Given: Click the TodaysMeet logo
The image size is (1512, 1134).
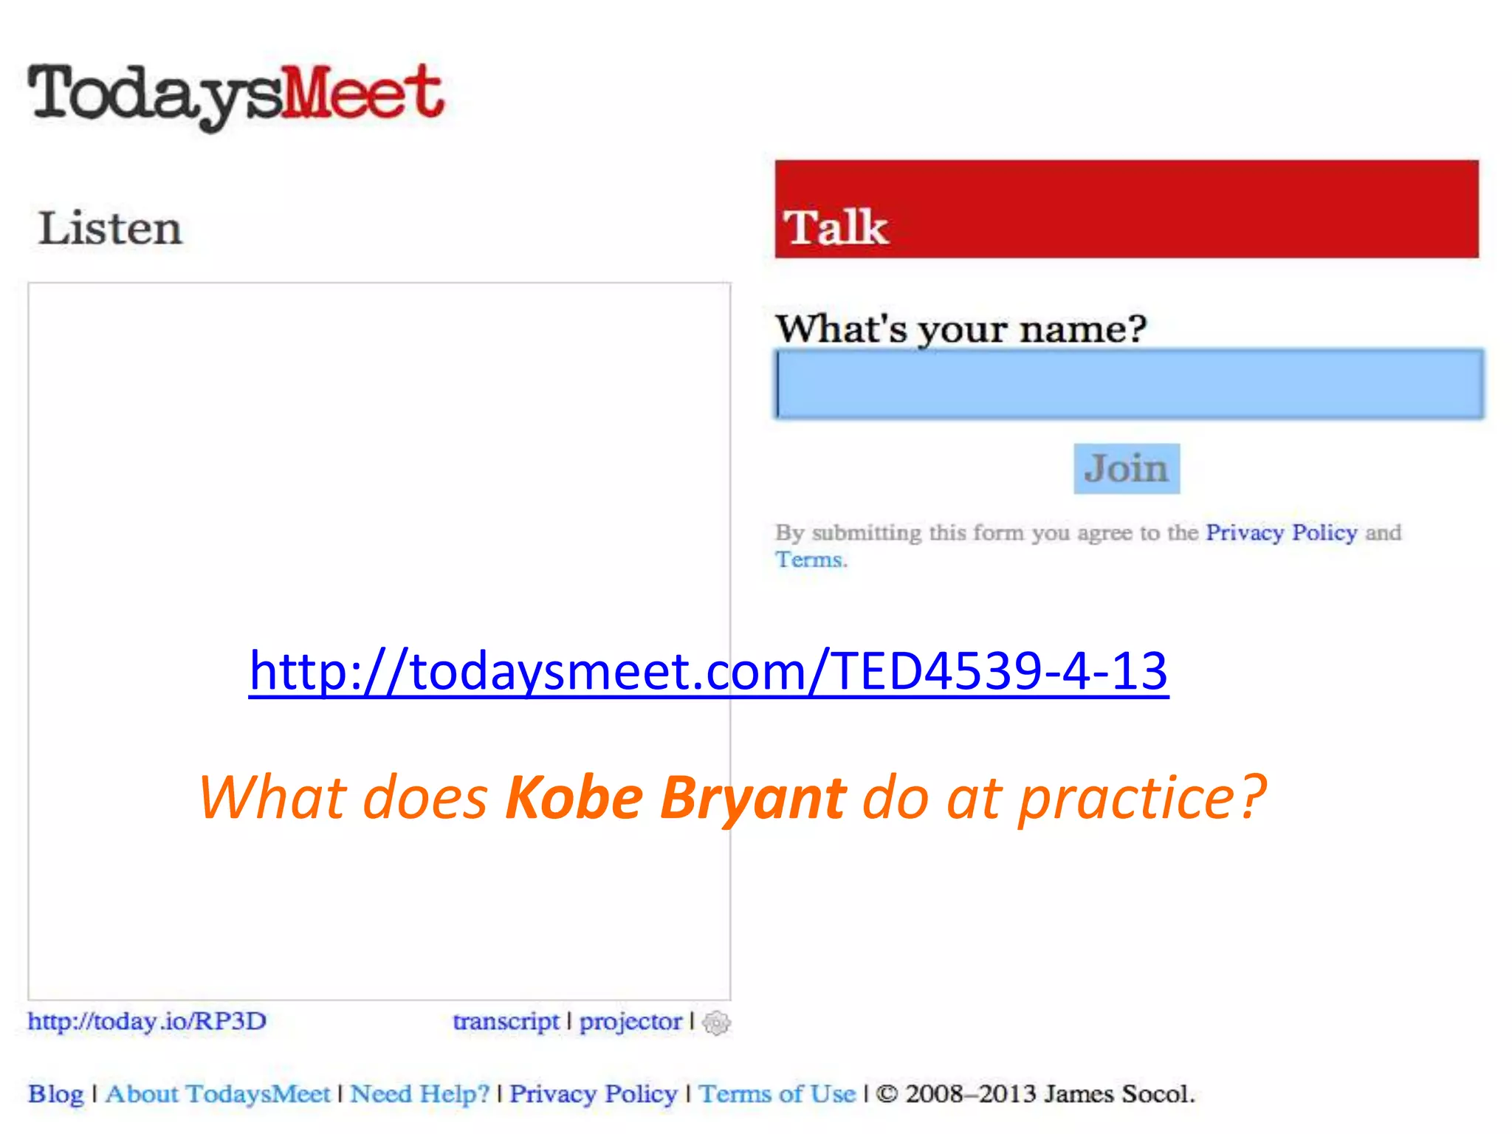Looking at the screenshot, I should point(236,96).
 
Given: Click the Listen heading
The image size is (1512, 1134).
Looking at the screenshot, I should point(110,228).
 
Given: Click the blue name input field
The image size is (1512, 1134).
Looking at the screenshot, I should point(1130,385).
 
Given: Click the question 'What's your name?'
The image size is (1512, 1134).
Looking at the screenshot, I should point(961,329).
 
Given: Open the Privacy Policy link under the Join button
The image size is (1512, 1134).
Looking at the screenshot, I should point(1281,532).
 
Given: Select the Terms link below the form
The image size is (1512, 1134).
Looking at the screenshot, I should point(808,560).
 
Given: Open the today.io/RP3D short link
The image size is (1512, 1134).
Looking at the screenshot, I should point(147,1021).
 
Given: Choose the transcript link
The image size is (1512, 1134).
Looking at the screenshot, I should point(506,1021).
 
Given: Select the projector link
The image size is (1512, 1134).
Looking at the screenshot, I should point(630,1021).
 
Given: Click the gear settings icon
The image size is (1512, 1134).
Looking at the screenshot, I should point(716,1023).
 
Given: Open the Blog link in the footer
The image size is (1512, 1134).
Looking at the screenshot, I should point(55,1093).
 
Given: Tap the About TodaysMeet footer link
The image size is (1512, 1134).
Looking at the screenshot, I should point(218,1093).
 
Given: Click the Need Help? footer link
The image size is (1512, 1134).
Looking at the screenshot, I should point(419,1093).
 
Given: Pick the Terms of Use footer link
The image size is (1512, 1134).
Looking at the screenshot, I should point(777,1093).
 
